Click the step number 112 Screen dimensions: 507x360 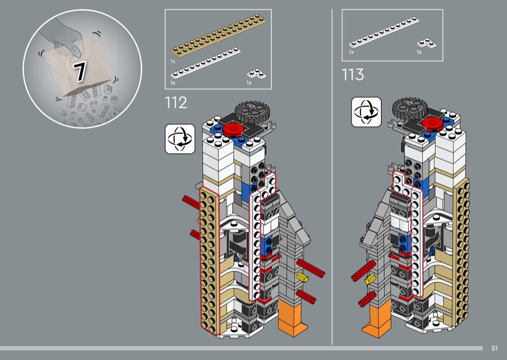pyautogui.click(x=176, y=103)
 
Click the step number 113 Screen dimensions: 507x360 pyautogui.click(x=353, y=75)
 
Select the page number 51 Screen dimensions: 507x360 pyautogui.click(x=494, y=348)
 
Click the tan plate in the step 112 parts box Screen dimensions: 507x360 pyautogui.click(x=218, y=35)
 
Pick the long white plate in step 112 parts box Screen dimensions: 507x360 pyautogui.click(x=206, y=63)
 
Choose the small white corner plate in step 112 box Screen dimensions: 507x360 pyautogui.click(x=257, y=74)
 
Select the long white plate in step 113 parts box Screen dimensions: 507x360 pyautogui.click(x=384, y=32)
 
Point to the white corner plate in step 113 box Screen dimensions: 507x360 pyautogui.click(x=426, y=43)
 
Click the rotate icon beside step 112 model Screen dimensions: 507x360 pyautogui.click(x=180, y=139)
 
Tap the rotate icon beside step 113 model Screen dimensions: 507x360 pyautogui.click(x=366, y=112)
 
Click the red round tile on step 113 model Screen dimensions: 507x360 pyautogui.click(x=432, y=123)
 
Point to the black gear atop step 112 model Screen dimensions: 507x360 pyautogui.click(x=252, y=111)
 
